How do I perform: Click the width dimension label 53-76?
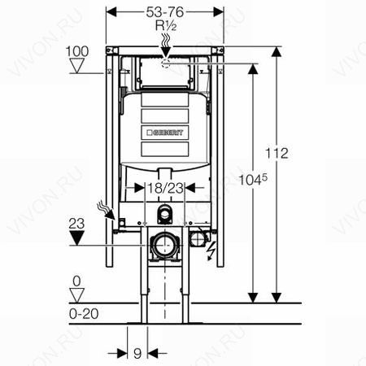click(165, 12)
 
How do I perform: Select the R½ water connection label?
click(166, 26)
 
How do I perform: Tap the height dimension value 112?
click(277, 154)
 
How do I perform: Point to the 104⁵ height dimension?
click(253, 180)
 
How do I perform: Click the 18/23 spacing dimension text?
click(165, 188)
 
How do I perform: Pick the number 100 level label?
click(77, 51)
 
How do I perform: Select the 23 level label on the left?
click(76, 224)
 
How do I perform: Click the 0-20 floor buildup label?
click(84, 314)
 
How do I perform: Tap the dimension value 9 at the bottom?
click(137, 354)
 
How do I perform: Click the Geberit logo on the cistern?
click(165, 133)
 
